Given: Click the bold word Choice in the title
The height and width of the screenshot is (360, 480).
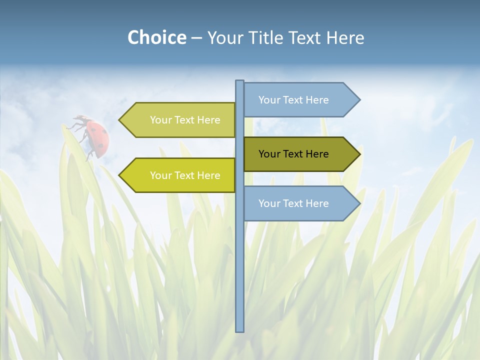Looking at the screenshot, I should tap(156, 37).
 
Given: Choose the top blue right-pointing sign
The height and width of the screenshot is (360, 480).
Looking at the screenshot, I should tap(295, 100).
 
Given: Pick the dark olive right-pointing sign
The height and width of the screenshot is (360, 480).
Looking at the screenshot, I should tap(295, 154).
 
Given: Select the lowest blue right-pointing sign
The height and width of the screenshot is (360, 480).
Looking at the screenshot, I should tap(295, 203).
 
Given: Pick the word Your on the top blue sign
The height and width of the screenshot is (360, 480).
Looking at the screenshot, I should tap(269, 100).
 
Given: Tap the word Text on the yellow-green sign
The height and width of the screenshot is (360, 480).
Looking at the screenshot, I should tap(185, 175).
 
